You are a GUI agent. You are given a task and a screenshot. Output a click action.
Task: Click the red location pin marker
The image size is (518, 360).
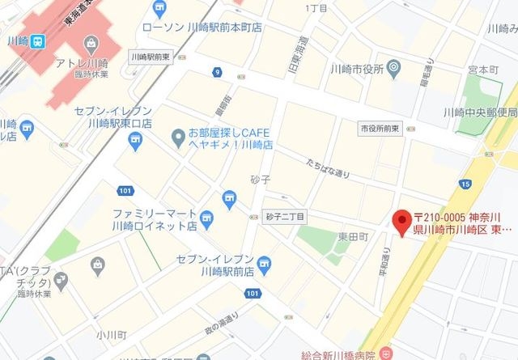(401, 221)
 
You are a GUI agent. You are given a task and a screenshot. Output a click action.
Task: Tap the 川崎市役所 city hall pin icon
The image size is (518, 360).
(393, 68)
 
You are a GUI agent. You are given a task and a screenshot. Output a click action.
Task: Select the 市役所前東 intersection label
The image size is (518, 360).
(381, 129)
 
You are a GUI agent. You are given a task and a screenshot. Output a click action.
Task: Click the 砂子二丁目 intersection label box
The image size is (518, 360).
(285, 217)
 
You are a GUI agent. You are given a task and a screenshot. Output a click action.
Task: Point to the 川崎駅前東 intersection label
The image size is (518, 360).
(150, 57)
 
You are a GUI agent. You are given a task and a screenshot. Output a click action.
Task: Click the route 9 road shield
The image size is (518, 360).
(217, 73)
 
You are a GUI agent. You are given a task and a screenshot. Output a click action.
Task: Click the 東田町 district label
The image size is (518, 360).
(353, 237)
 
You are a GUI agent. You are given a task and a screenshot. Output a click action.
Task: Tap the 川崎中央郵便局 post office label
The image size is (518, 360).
(481, 112)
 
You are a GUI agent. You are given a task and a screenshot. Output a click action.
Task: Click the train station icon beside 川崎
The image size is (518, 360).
(36, 43)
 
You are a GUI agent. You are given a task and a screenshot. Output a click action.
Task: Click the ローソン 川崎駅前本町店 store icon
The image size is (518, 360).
(159, 8)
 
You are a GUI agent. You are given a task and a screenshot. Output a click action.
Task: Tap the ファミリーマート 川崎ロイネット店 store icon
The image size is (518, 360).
(206, 216)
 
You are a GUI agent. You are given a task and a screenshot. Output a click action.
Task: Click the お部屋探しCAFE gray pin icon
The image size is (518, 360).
(178, 138)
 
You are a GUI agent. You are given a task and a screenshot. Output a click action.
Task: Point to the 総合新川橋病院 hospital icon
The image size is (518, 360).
(386, 353)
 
